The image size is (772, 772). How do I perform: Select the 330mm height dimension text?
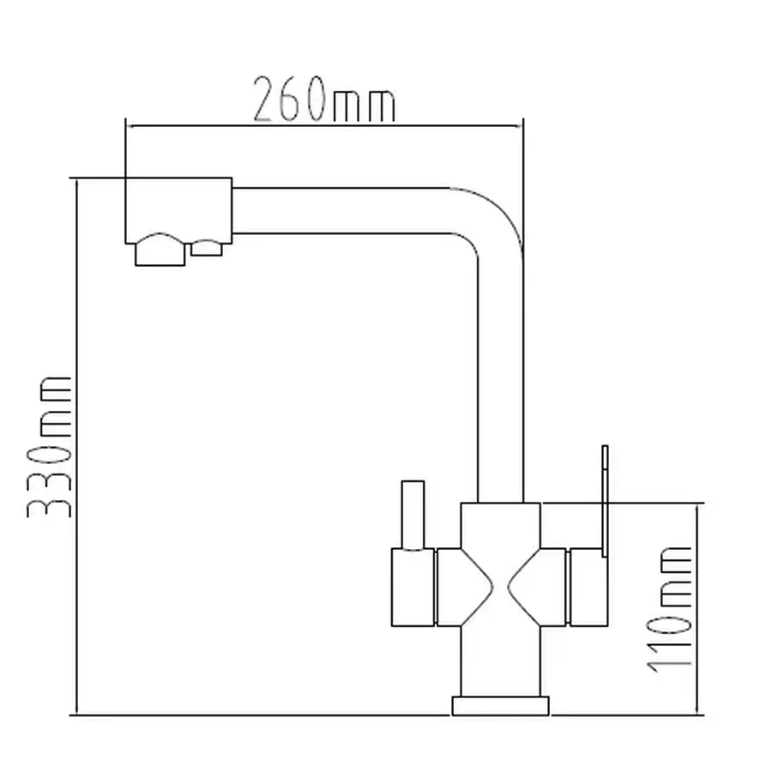[49, 447]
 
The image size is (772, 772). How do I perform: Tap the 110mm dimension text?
[669, 610]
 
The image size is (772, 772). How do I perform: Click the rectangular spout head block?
[178, 210]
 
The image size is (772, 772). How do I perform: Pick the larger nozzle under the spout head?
[160, 250]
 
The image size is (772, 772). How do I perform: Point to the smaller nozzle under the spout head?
[207, 248]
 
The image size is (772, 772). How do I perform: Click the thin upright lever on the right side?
[605, 501]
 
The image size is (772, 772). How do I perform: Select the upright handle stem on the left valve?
[413, 515]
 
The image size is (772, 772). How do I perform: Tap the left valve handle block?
[413, 588]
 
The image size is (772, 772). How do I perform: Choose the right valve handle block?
[588, 588]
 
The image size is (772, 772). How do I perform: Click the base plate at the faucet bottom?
[500, 706]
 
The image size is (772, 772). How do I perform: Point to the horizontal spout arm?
[341, 210]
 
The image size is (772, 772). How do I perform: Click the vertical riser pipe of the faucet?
[500, 379]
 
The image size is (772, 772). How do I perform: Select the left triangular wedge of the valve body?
[465, 588]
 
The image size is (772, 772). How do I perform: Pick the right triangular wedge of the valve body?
[537, 588]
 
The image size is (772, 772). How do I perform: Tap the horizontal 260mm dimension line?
[324, 126]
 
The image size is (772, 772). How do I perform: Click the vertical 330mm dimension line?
[77, 447]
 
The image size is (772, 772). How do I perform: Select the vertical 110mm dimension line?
[698, 610]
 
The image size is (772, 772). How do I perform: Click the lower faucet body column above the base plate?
[500, 661]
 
